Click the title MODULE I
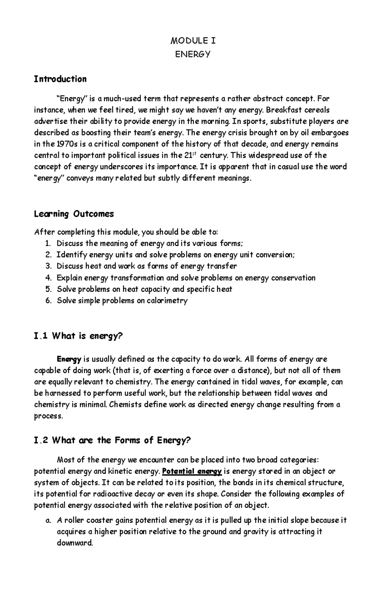point(193,41)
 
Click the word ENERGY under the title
point(193,54)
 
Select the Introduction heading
point(60,79)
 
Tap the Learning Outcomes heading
point(74,214)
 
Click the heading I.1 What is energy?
point(78,336)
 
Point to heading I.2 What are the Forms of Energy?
point(112,440)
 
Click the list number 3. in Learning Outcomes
point(49,266)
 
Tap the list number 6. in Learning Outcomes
point(49,301)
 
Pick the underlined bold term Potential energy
point(192,471)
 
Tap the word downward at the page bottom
point(75,543)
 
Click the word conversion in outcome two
point(276,255)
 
